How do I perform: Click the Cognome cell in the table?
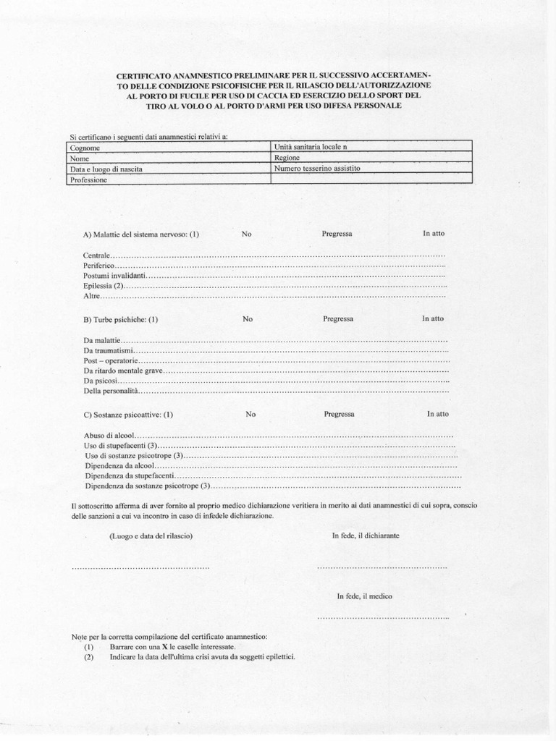(168, 147)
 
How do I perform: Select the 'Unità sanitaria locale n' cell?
(371, 146)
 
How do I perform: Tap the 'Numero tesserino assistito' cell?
(371, 168)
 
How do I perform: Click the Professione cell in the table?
(168, 179)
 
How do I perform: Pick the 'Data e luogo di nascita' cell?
(168, 169)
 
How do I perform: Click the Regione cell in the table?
(371, 157)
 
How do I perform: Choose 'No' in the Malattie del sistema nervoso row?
(247, 234)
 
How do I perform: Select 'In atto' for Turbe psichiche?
(433, 318)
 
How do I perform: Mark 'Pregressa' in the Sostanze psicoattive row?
(339, 415)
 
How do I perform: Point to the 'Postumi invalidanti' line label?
(115, 276)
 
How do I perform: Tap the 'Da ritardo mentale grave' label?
(124, 370)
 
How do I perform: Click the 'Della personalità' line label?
(110, 391)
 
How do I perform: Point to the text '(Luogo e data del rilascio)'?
(151, 536)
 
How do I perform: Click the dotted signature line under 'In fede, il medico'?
(383, 617)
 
